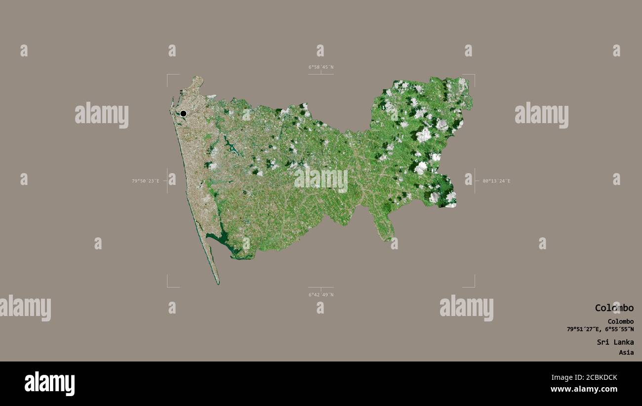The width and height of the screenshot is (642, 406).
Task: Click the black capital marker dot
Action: [183, 113]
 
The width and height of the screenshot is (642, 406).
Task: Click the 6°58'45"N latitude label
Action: [321, 67]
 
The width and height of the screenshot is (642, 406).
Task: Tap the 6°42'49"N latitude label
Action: [321, 295]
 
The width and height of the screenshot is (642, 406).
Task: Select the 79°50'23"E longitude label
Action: [145, 181]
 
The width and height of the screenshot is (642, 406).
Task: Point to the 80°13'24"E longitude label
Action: [496, 181]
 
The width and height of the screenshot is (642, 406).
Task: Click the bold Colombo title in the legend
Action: [614, 308]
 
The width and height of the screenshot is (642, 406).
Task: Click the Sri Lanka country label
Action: [614, 342]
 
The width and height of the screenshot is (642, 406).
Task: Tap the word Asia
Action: [626, 353]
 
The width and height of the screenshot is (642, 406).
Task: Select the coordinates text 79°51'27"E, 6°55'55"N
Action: [600, 329]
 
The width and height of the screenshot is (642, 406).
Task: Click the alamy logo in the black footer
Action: [49, 383]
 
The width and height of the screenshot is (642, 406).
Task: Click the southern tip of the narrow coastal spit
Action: [218, 283]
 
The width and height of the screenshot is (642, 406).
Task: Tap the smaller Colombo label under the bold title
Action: [620, 321]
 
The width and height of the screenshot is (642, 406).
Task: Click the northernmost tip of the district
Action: [199, 77]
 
